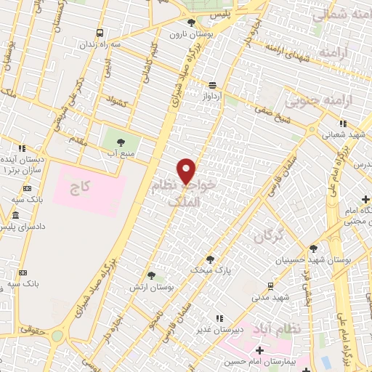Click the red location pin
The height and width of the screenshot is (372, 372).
click(187, 171)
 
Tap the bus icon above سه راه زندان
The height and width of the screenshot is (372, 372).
click(100, 33)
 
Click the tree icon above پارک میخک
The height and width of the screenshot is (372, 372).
click(210, 259)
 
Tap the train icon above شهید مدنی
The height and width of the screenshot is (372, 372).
click(270, 286)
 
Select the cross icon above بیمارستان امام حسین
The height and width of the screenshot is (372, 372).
click(259, 351)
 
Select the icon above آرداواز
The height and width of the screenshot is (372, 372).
click(212, 84)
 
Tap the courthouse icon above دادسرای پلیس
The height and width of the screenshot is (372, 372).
click(16, 216)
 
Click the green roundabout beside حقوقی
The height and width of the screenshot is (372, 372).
click(57, 336)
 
